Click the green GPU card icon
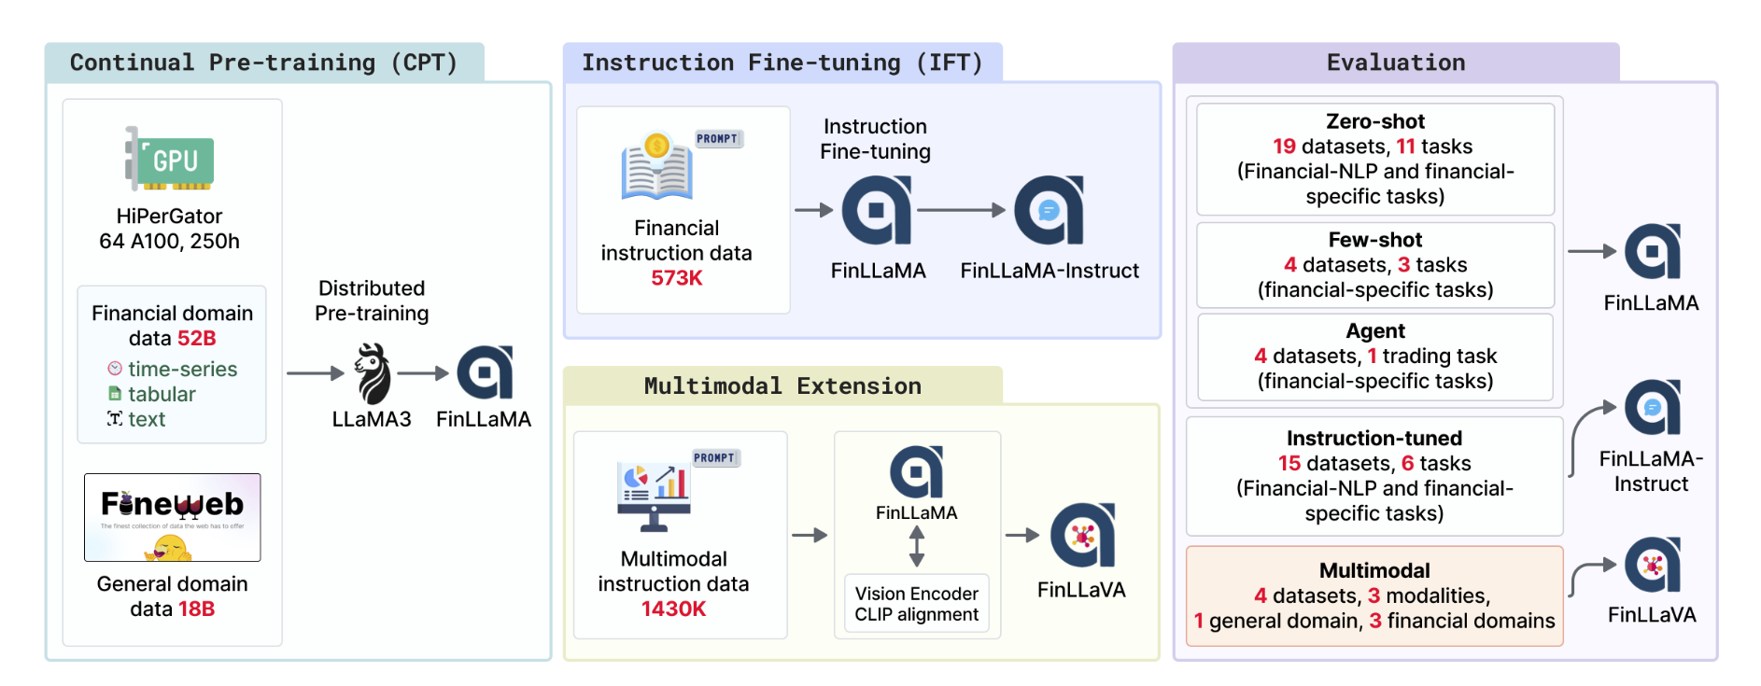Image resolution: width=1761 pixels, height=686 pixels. pos(171,160)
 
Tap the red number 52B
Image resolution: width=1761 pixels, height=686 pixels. pos(196,338)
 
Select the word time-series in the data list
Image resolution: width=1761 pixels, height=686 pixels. pos(182,369)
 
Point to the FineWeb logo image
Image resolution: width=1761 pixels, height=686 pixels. pos(173,517)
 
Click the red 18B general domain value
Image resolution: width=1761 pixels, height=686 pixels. pos(196,609)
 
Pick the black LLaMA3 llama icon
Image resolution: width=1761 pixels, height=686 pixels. pos(372,373)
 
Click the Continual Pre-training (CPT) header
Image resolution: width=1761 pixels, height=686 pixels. pos(263,63)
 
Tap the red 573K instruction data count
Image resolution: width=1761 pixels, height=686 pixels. pos(676,278)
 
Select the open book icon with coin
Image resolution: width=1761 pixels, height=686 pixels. pos(656,168)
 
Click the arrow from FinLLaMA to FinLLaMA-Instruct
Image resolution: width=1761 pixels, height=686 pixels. pos(961,210)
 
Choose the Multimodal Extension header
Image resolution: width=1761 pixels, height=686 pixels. pos(782,385)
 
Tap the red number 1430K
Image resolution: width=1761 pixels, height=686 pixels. pos(673,609)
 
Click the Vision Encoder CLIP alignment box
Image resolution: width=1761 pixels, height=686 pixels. pos(916,604)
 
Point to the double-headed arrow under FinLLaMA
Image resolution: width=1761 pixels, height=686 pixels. pos(917,546)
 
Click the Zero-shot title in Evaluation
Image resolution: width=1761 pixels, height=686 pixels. pos(1374,121)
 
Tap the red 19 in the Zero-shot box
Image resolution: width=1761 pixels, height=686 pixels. pos(1284,147)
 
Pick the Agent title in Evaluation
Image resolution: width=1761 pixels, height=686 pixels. pos(1374,331)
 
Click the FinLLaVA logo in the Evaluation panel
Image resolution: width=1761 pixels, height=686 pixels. pos(1652,566)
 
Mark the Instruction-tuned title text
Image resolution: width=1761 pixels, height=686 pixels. pos(1374,439)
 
